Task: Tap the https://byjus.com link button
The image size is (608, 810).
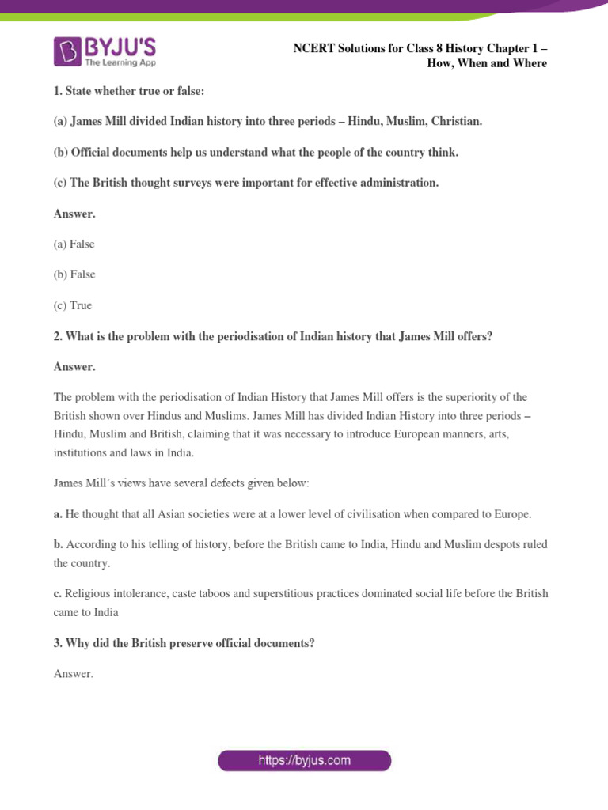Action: (x=305, y=761)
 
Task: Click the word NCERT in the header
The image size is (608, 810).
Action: (x=313, y=48)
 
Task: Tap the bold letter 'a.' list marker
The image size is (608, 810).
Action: (x=58, y=514)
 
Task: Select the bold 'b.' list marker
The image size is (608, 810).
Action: (x=59, y=544)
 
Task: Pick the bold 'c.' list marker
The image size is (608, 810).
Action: (x=58, y=593)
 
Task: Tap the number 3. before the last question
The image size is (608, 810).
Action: (x=58, y=644)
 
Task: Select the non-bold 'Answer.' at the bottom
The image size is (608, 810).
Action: (x=74, y=674)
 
